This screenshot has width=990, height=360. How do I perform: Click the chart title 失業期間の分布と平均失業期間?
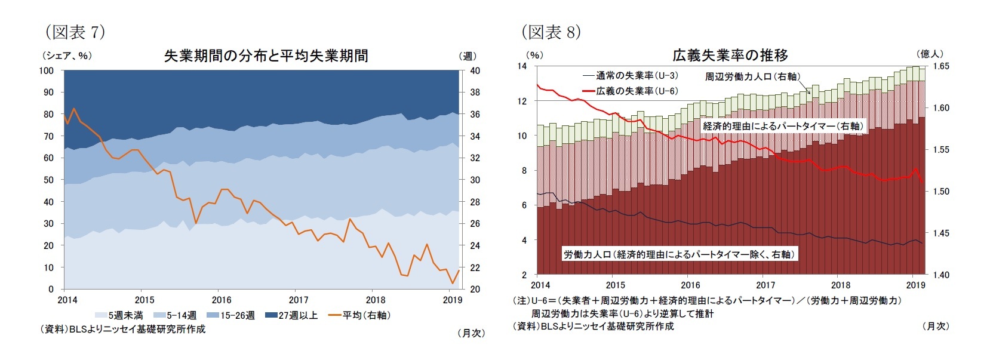point(266,56)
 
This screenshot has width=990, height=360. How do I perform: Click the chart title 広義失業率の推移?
point(730,56)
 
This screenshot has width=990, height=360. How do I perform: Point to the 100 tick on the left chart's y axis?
point(47,70)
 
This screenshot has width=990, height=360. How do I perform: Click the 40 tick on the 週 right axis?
point(472,70)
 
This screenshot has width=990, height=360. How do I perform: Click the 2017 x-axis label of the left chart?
point(299,300)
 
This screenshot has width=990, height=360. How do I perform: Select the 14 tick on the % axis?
point(521,66)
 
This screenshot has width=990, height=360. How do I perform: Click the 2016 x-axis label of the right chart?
point(691,285)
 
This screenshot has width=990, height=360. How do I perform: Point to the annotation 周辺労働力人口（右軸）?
point(752,76)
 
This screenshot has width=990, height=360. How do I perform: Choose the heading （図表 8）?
point(551,32)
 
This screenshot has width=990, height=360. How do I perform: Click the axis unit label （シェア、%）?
point(67,56)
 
